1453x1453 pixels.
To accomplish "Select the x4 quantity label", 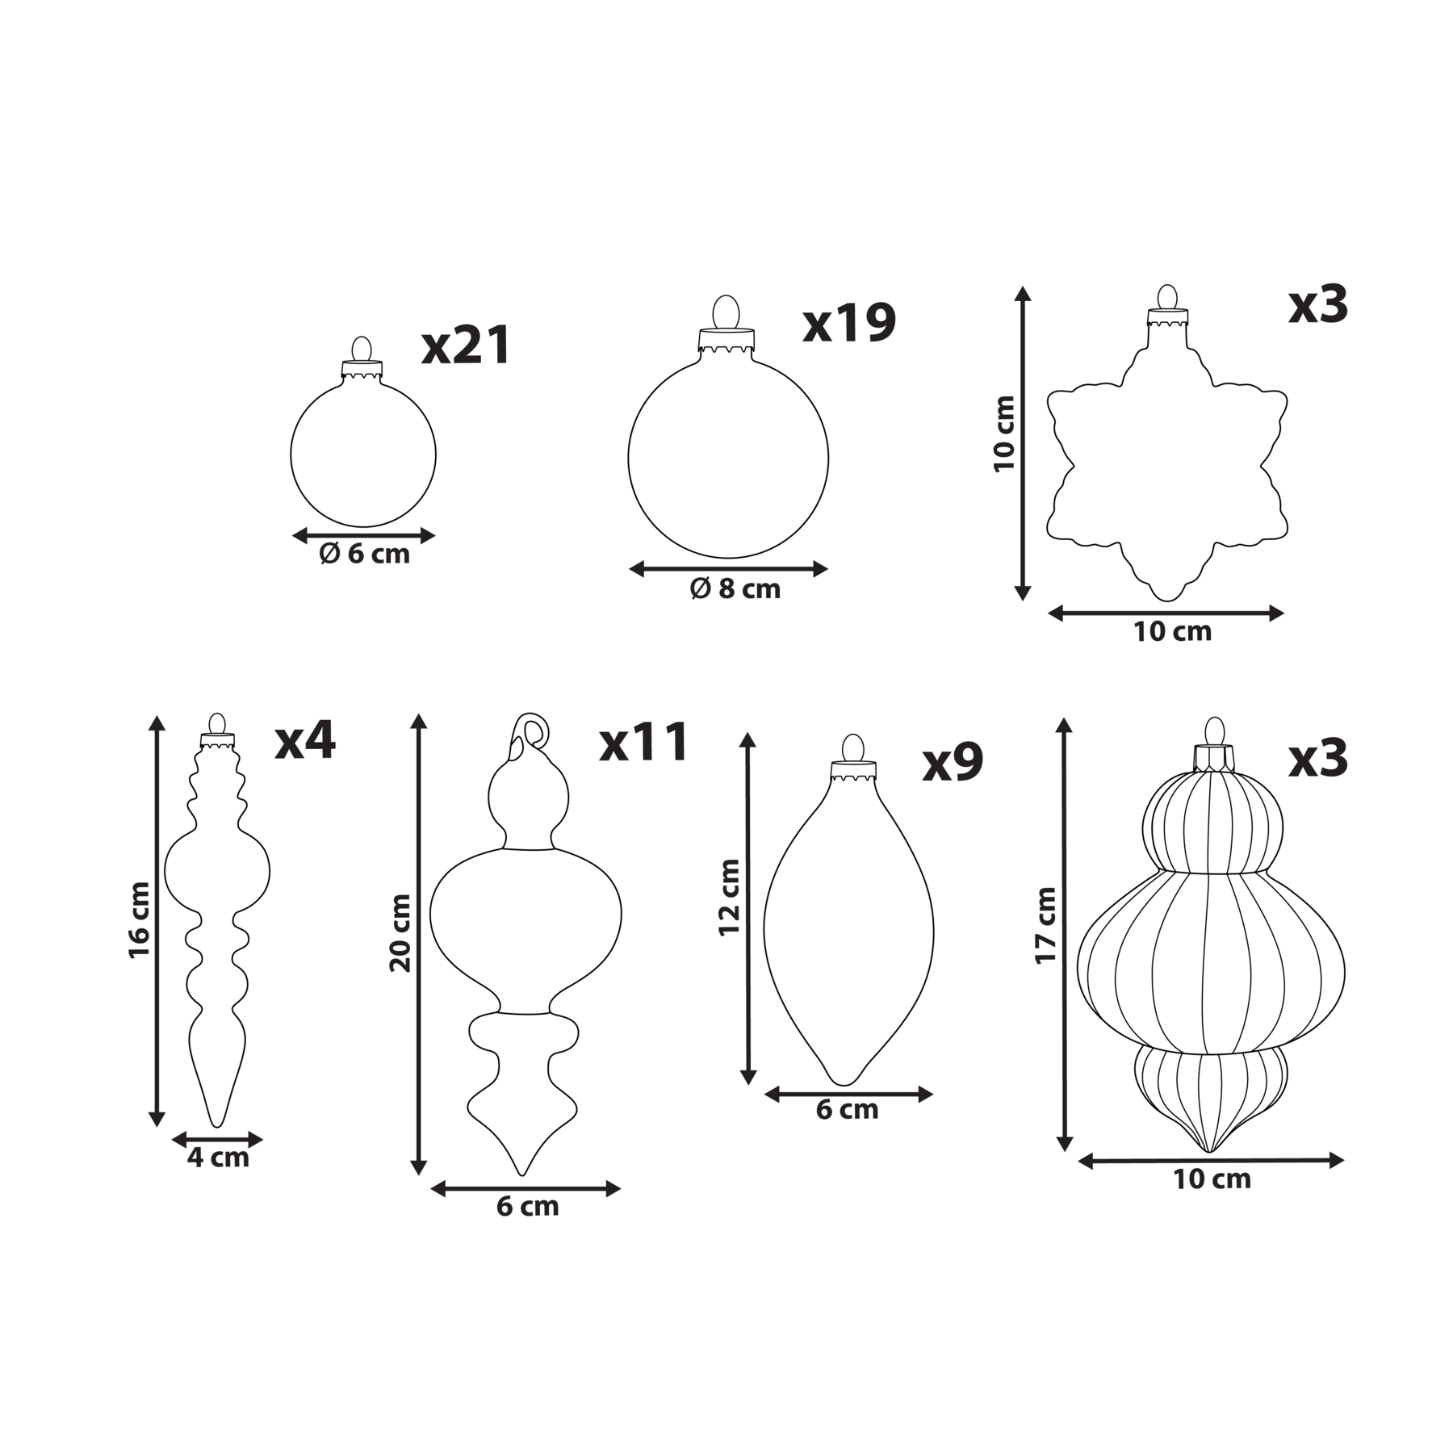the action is [305, 740].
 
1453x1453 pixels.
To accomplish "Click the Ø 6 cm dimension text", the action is [364, 554].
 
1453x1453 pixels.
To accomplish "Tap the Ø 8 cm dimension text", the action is [735, 588].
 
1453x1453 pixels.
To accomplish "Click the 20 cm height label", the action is [400, 932].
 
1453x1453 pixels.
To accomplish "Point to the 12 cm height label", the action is [730, 897].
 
